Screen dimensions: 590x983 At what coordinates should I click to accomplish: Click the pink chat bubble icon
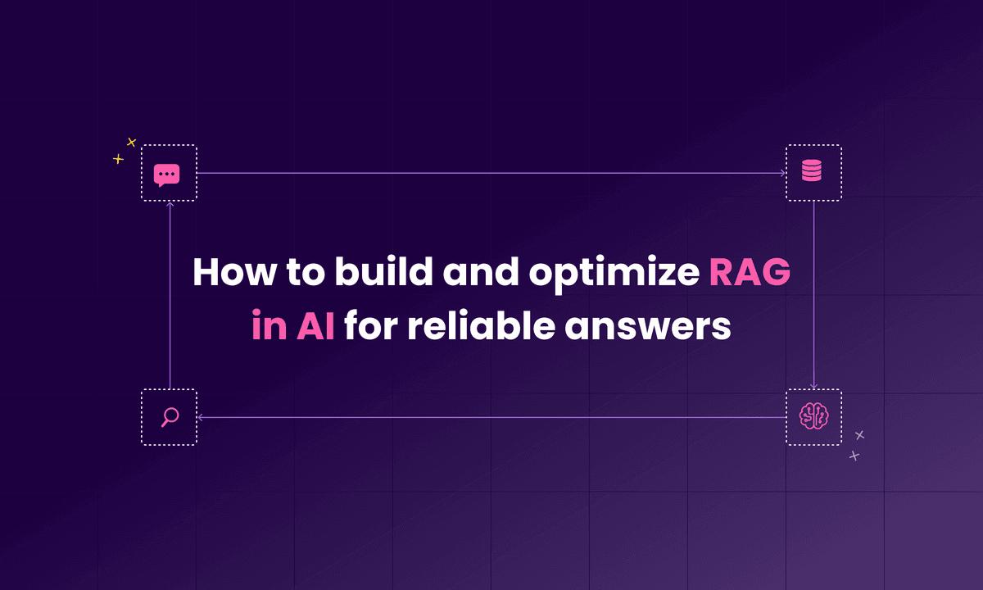click(x=167, y=174)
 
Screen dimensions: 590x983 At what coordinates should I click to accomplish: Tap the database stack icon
click(x=813, y=173)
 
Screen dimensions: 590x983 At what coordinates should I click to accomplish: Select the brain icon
click(x=813, y=417)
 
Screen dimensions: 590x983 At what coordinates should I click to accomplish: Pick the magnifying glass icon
click(x=170, y=417)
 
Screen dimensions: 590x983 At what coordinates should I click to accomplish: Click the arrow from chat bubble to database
click(x=491, y=174)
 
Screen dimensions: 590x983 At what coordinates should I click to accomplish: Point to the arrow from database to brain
click(x=813, y=295)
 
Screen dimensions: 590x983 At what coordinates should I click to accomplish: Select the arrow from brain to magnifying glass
click(x=491, y=418)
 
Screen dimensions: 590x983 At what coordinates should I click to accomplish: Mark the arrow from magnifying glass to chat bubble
click(x=170, y=295)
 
